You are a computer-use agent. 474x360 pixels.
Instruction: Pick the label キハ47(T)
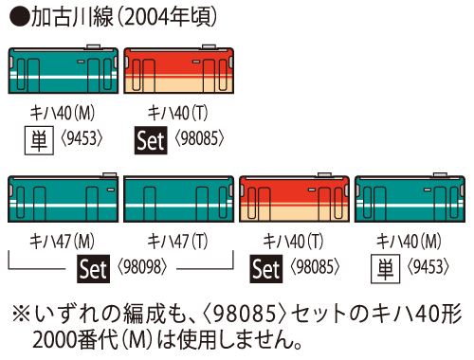click(178, 241)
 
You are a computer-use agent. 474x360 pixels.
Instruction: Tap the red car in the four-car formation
click(294, 202)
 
